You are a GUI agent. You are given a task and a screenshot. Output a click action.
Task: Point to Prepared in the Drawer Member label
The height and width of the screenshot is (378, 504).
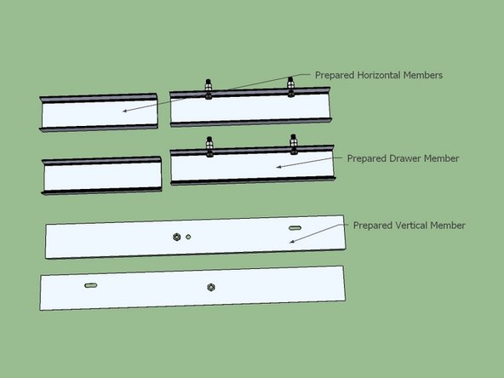point(365,158)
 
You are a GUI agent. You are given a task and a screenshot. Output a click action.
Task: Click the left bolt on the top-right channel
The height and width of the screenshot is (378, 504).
point(209,87)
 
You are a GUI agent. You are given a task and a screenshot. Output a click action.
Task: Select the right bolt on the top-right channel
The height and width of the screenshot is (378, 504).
point(291,85)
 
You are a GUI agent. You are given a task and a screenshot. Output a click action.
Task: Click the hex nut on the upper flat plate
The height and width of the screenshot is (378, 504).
point(176,236)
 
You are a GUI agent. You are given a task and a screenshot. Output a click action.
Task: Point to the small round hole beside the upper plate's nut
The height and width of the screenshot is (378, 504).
point(188,236)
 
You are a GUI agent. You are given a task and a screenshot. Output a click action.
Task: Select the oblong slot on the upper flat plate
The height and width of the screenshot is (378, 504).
point(294,229)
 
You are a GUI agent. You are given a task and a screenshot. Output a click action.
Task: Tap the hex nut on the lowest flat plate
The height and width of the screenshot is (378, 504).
point(210,287)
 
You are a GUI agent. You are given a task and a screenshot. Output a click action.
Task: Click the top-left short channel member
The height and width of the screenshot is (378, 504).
point(100,113)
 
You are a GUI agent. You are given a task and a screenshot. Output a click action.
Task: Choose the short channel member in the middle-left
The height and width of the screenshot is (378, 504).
point(102,175)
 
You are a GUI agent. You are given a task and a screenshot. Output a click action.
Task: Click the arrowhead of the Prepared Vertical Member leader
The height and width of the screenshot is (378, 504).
point(291,243)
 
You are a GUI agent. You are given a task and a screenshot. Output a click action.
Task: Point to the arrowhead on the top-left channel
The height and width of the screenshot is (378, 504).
point(123,112)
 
